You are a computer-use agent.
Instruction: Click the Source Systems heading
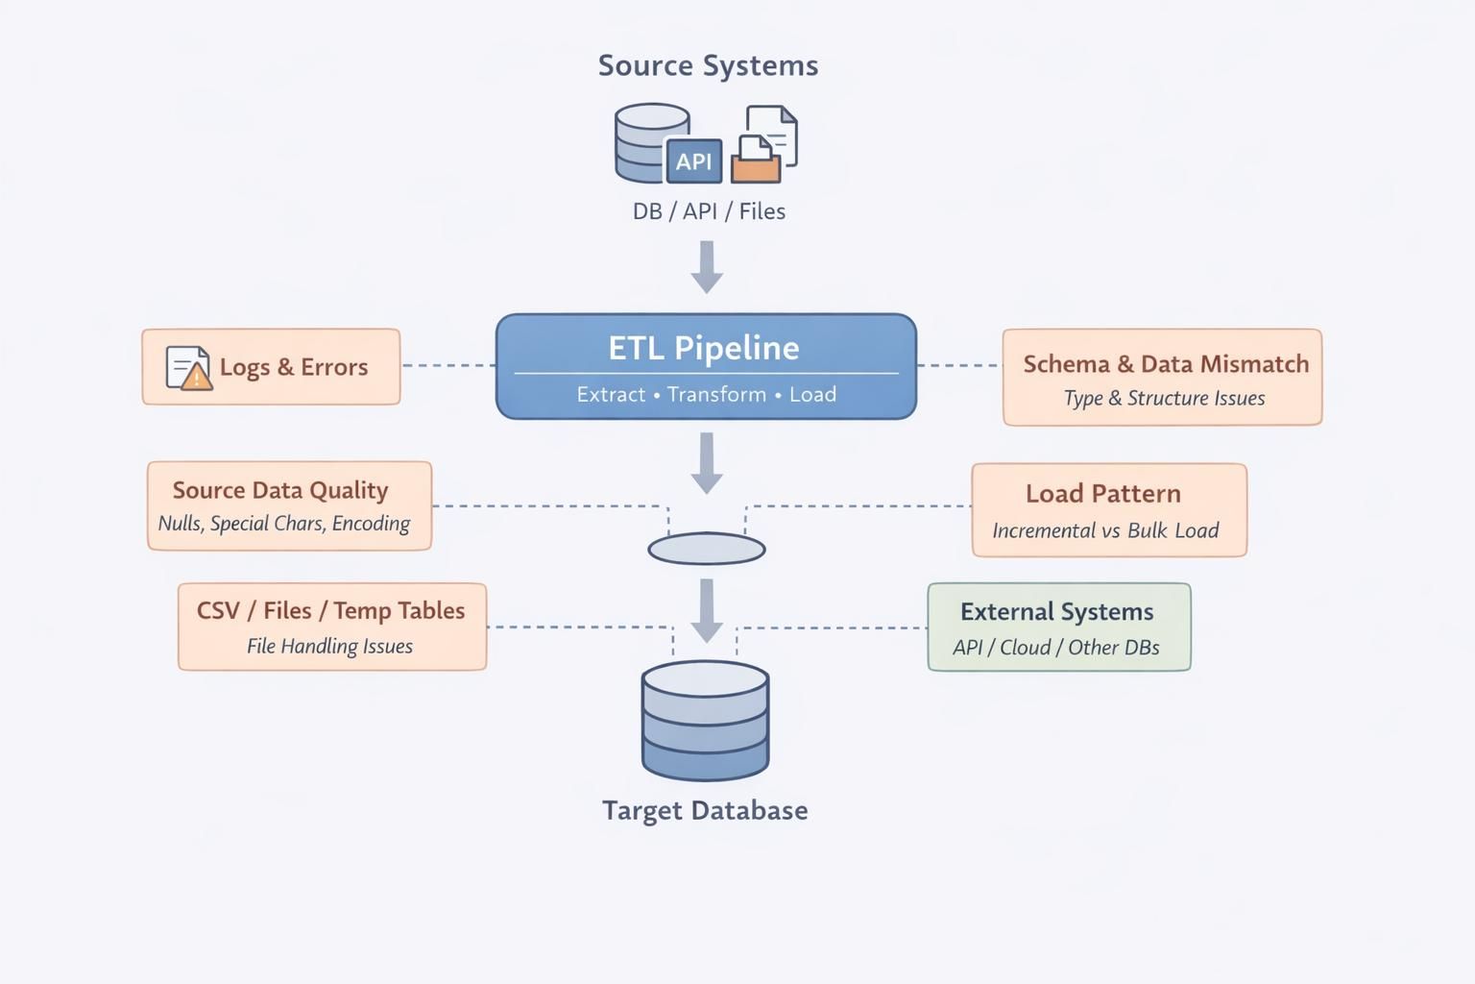point(708,65)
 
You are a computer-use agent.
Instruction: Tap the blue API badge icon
point(693,160)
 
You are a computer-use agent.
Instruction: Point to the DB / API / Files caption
point(709,211)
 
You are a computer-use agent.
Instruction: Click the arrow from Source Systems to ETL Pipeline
point(707,266)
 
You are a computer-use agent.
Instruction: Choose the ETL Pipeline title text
point(704,348)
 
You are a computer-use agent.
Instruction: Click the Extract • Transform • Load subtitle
point(706,394)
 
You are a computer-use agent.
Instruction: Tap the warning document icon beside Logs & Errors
point(188,367)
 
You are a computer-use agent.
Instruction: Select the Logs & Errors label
point(294,367)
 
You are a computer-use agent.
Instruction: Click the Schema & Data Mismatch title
point(1166,364)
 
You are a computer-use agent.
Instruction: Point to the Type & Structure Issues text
point(1164,398)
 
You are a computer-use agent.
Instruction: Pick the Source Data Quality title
point(280,490)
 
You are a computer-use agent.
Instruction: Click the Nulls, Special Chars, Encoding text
point(284,524)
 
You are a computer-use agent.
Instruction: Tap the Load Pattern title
point(1102,494)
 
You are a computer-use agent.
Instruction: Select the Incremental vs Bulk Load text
point(1105,530)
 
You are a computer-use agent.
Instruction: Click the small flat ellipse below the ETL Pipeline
point(707,549)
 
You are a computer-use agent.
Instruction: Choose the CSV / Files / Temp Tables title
point(330,611)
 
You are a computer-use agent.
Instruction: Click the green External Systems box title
point(1056,612)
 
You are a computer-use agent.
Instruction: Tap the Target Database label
point(705,810)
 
